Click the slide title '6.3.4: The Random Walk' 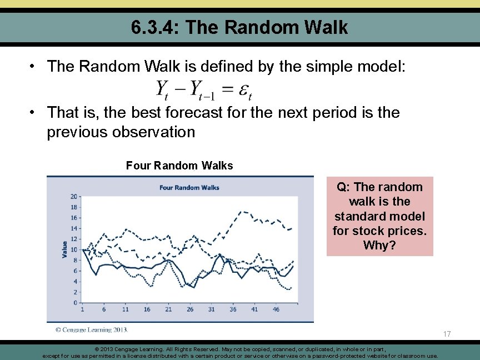(240, 27)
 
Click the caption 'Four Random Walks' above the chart (179, 166)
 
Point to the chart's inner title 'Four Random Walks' (189, 187)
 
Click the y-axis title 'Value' (65, 249)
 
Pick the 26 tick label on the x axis (190, 309)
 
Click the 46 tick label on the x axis (276, 309)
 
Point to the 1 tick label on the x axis (82, 309)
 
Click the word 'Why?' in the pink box (379, 245)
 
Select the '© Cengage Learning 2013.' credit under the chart (92, 330)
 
